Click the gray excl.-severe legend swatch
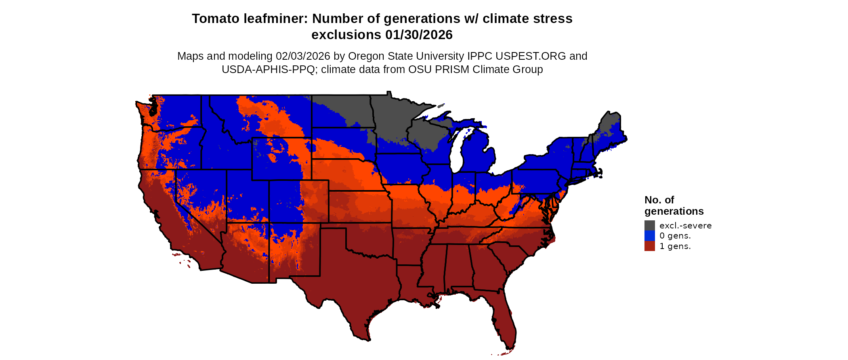point(649,225)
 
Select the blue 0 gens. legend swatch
point(649,236)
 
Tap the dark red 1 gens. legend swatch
point(649,246)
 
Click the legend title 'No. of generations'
point(674,205)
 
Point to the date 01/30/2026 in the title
point(419,35)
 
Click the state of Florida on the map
point(503,319)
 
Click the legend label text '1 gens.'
point(675,246)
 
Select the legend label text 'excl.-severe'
point(685,226)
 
